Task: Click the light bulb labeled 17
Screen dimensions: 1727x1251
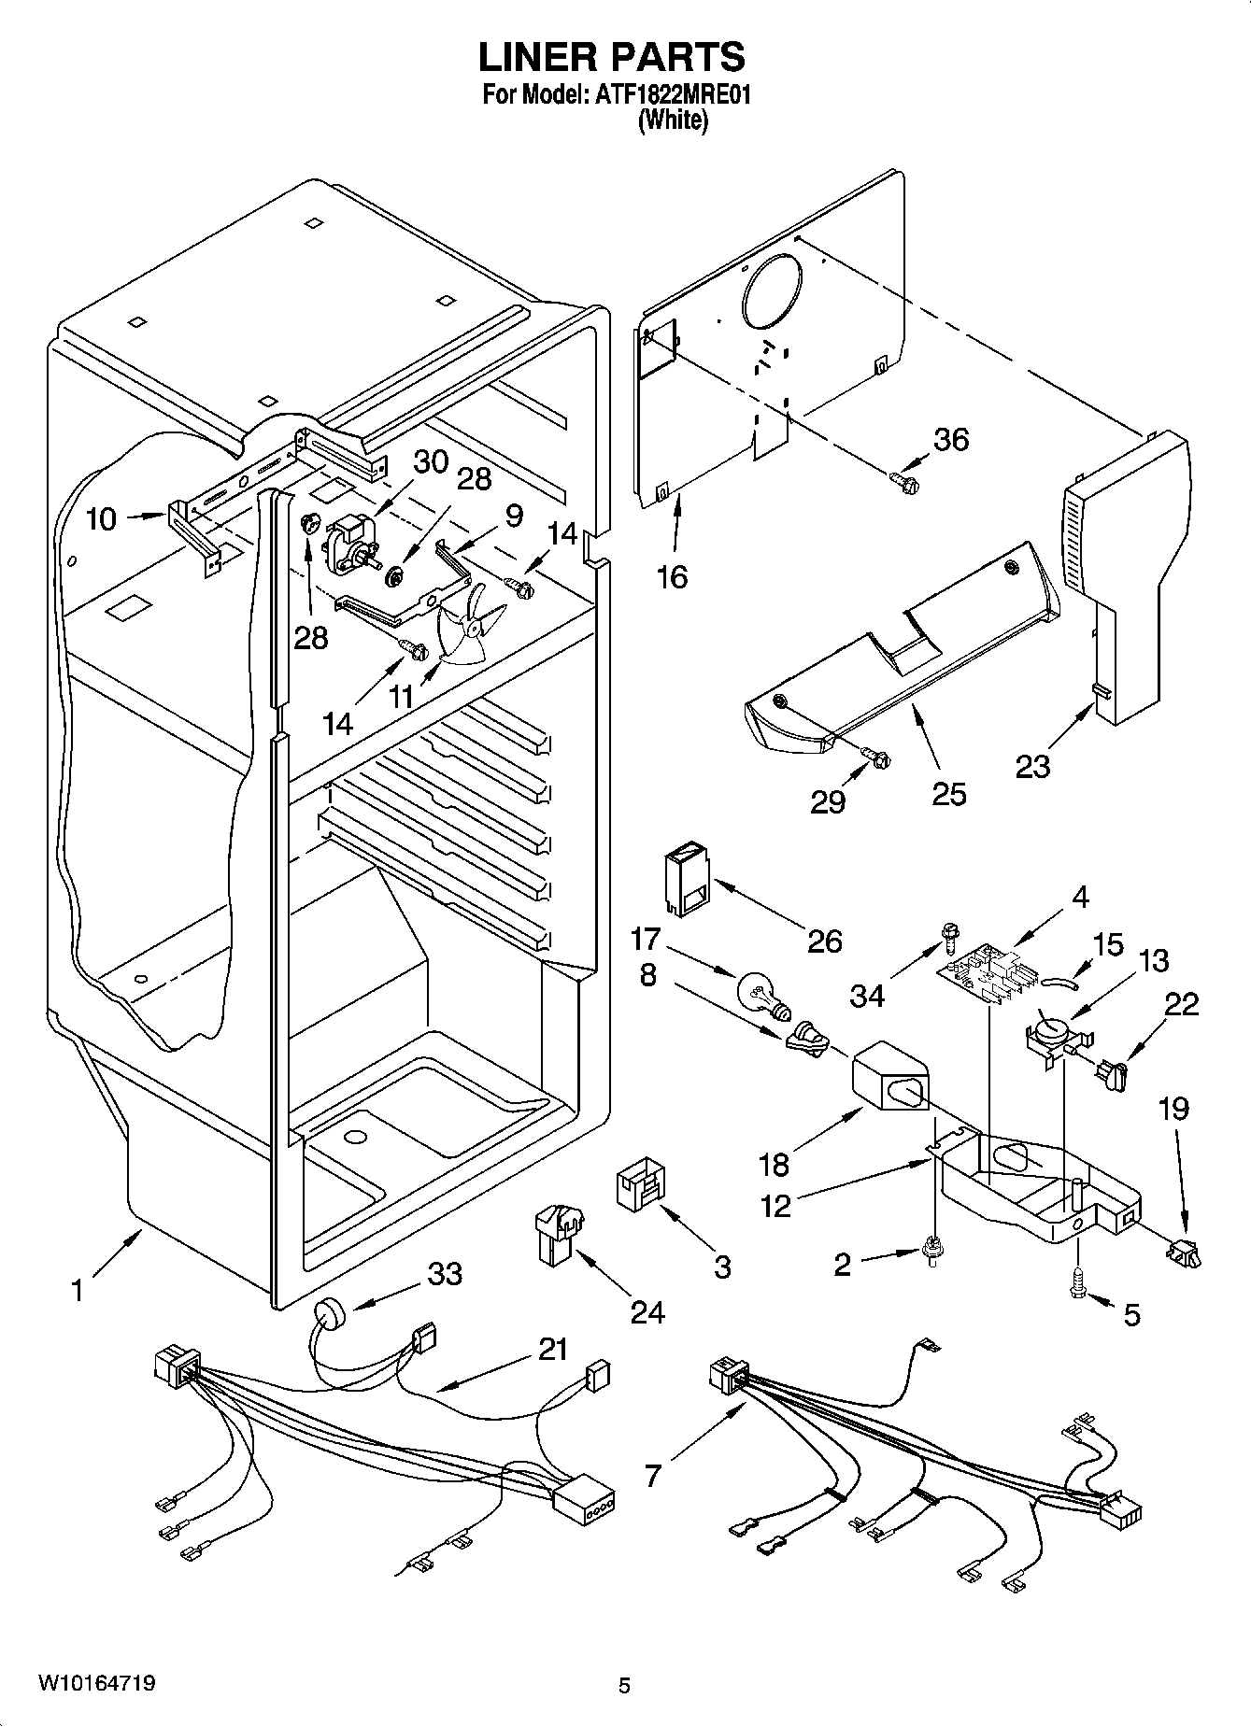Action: pyautogui.click(x=762, y=994)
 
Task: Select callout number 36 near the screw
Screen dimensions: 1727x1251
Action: pyautogui.click(x=951, y=439)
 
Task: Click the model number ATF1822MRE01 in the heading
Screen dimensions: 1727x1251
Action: pyautogui.click(x=672, y=95)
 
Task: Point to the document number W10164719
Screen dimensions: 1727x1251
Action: pyautogui.click(x=96, y=1684)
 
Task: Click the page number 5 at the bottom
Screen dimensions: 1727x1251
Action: pyautogui.click(x=624, y=1686)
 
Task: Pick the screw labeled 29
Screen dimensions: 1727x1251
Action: pyautogui.click(x=876, y=757)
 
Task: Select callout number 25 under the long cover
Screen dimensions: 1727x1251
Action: pyautogui.click(x=948, y=793)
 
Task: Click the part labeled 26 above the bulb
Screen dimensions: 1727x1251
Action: pyautogui.click(x=685, y=881)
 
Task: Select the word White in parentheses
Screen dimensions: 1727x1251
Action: pyautogui.click(x=672, y=121)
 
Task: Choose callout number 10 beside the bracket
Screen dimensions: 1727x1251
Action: pyautogui.click(x=101, y=518)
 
